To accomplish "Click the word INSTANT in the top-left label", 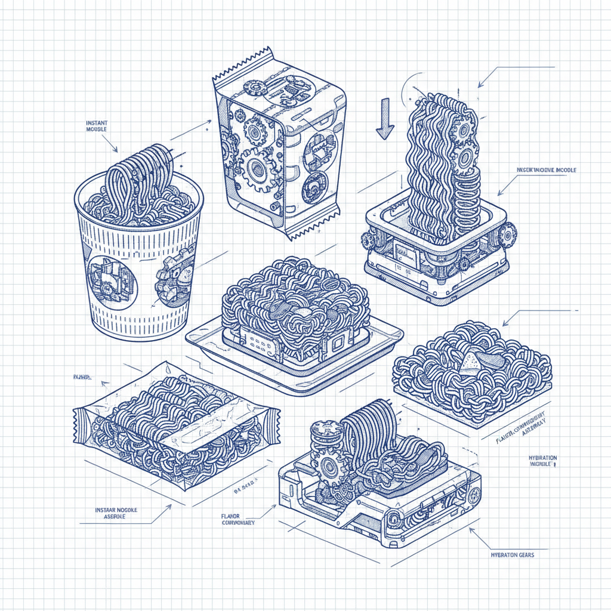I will tap(97, 123).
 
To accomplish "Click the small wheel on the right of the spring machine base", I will tap(506, 236).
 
